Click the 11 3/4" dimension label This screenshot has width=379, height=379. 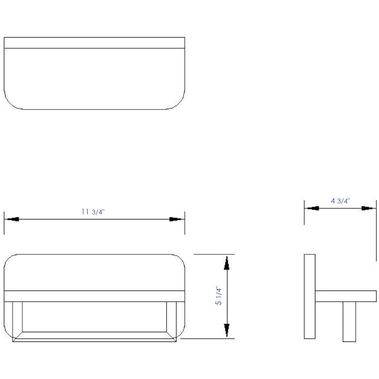coord(93,212)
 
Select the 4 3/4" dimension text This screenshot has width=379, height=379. coord(340,201)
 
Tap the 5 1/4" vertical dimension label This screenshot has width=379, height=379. coord(219,296)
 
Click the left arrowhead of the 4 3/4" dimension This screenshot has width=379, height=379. coord(313,208)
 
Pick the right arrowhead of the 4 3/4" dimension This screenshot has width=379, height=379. coord(367,208)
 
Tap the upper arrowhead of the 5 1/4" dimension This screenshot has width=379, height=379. coord(227,263)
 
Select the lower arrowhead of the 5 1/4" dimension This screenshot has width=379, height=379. coord(227,330)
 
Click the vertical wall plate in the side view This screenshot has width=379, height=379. coord(310,296)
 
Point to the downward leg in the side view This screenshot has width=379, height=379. coord(349,321)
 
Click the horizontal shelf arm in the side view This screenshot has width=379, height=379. coord(346,296)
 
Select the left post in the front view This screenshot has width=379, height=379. coord(17,318)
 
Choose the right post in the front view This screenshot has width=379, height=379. coord(171,318)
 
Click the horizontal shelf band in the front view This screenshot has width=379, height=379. coord(94,296)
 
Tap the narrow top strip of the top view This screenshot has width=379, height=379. coord(94,43)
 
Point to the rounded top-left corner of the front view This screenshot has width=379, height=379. coord(10,260)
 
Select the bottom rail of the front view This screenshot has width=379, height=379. coord(94,336)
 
